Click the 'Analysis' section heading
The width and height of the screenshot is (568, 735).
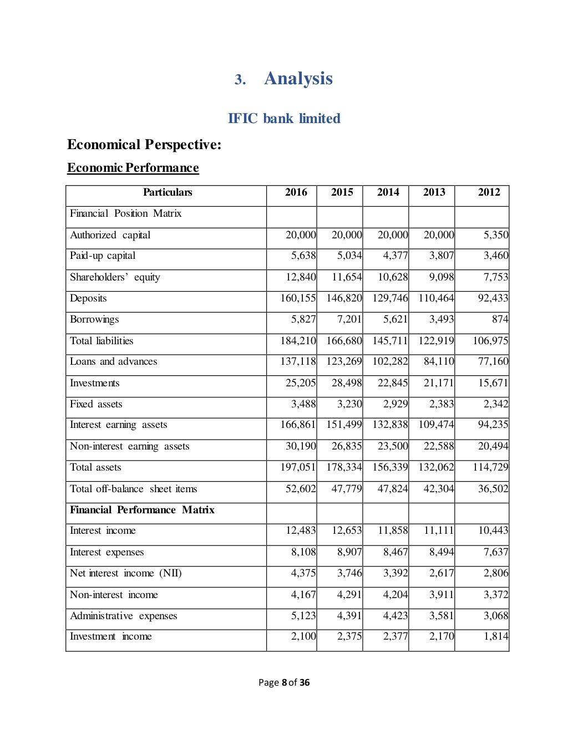298,79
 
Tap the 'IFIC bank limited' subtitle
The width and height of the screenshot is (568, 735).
284,119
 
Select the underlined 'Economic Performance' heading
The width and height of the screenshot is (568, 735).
133,168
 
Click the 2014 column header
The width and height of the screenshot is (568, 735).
388,192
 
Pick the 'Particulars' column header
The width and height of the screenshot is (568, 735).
167,192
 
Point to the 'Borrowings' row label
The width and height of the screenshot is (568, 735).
94,319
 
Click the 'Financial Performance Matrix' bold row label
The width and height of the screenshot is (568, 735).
142,510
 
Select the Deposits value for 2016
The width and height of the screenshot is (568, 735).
298,298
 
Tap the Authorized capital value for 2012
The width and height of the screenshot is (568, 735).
495,235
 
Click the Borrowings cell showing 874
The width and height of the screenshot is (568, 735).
500,319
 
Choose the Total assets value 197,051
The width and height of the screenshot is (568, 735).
298,467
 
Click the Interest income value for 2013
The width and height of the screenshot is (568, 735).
438,530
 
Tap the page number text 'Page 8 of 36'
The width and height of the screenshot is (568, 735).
284,682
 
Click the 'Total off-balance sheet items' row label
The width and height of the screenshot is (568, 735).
133,489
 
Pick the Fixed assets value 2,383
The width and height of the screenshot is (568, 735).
441,404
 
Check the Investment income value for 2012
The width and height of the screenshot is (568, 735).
495,636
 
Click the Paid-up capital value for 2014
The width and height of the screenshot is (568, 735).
395,256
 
